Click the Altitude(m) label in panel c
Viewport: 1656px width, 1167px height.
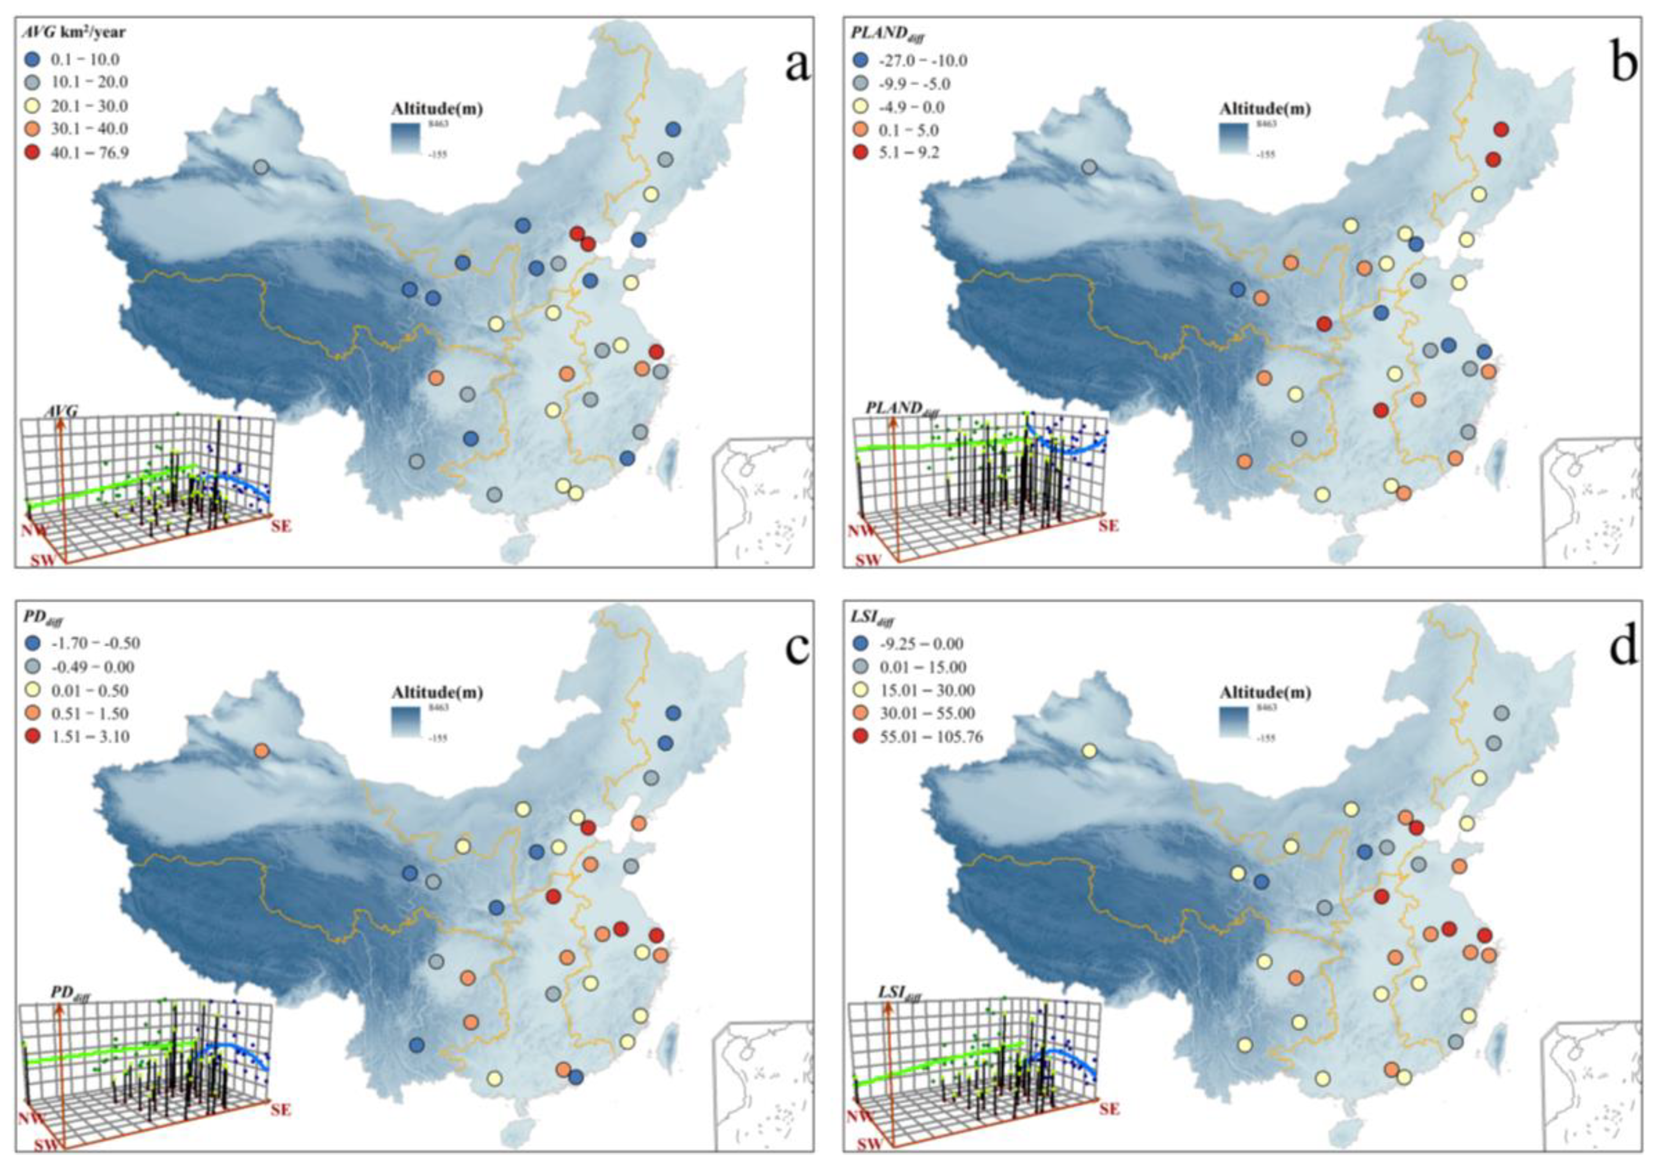437,692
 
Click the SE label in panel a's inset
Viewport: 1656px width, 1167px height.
281,526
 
